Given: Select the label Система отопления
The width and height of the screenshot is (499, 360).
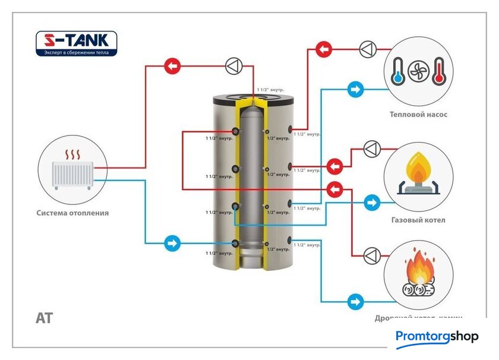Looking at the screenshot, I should pos(72,213).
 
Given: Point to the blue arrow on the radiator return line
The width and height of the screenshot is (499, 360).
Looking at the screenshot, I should pos(172,243).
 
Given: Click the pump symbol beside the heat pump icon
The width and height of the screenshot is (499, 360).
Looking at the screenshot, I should pos(367,48).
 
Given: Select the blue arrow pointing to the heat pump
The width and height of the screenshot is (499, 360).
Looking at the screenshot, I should pos(356,90).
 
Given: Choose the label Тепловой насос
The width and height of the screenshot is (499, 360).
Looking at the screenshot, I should pos(419,115).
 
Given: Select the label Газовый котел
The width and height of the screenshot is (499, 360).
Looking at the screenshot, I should pos(418,220).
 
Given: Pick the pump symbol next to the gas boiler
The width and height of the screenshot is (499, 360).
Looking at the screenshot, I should pos(372,149).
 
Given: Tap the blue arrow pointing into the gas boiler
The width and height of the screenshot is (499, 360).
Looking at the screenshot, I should pos(372,203).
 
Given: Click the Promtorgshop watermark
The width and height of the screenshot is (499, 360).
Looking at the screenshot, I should pos(437,337).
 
